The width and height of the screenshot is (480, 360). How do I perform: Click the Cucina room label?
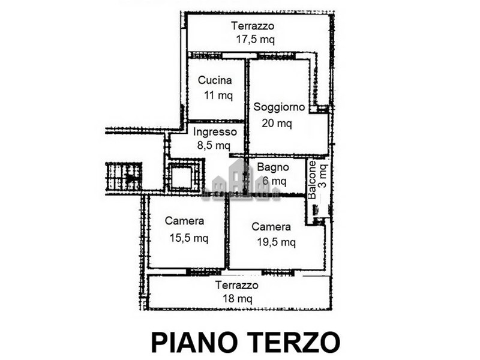coord(215,80)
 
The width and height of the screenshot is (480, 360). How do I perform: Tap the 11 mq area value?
coord(218,95)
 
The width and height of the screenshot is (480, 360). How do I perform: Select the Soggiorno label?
coord(279,107)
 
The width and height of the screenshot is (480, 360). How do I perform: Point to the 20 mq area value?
coord(277,123)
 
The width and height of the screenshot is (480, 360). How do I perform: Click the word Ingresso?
coord(215,132)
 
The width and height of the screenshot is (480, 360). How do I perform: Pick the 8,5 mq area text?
coord(214,145)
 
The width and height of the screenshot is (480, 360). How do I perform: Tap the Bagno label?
coord(273,167)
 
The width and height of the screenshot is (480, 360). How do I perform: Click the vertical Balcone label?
coord(312,180)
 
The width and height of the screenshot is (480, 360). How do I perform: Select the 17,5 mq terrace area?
coord(256,40)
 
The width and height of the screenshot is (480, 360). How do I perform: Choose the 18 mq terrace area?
coord(238,298)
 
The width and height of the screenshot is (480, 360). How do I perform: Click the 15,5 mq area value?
coord(189,238)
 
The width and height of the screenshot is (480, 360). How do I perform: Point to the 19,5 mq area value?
coord(277,242)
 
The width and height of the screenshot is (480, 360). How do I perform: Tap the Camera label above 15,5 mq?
coord(184,221)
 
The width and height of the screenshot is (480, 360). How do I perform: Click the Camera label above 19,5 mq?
coord(271,227)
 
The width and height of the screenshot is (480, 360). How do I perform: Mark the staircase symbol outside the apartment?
coord(124,176)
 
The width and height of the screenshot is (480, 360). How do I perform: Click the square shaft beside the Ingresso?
coord(182,177)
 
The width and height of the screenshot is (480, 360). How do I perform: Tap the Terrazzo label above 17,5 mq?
coord(253,26)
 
